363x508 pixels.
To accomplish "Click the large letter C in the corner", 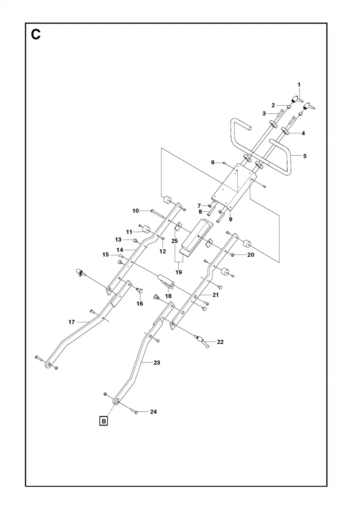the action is point(36,34).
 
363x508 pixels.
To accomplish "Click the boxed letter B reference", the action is point(104,421).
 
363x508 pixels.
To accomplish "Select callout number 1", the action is point(299,84).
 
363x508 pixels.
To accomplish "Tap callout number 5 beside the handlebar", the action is point(304,156).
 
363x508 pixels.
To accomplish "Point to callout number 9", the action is point(231,220).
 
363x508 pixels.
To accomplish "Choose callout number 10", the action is point(136,211).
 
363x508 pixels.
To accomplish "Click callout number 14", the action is point(120,250).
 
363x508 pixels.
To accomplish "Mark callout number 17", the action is point(72,322).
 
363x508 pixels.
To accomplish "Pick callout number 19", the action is point(179,272).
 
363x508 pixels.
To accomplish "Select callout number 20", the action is point(250,254).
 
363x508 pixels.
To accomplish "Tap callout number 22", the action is point(220,342).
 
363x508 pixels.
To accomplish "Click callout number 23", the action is point(157,362).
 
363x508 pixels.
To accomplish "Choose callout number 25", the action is point(175,241).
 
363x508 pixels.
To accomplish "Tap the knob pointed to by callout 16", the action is point(140,290).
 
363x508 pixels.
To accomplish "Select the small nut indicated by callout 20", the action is point(232,255).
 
